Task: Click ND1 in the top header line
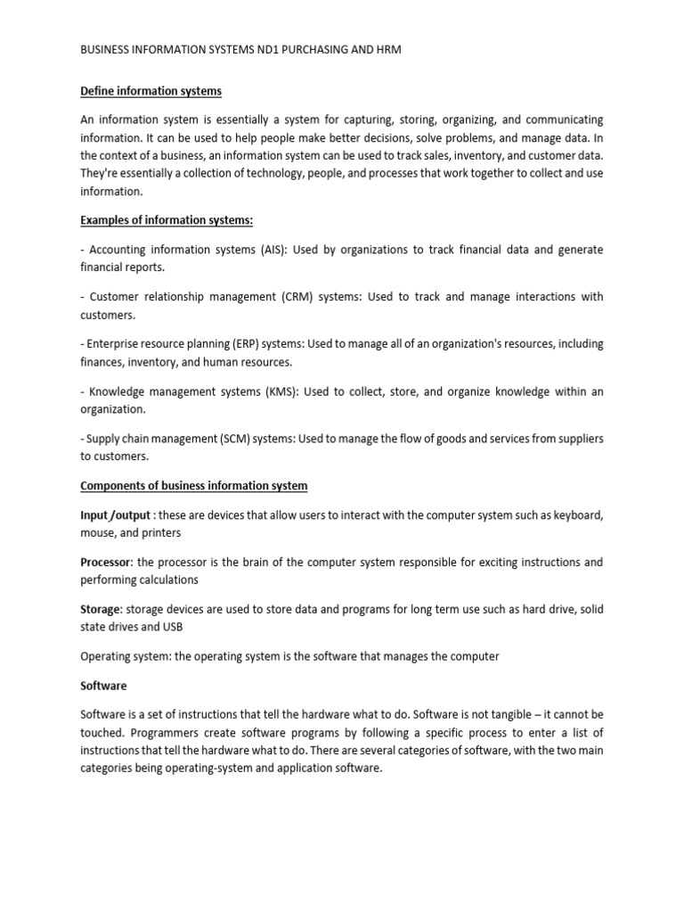269,50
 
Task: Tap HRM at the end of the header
387,50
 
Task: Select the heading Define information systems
151,91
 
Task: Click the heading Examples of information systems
161,220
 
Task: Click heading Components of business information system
193,486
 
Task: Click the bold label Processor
106,563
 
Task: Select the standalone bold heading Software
103,686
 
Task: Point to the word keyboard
578,515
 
